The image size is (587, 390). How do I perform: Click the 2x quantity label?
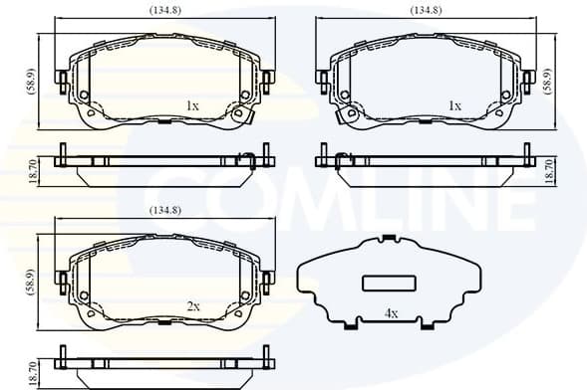[x=192, y=306]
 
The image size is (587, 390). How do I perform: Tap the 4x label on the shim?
[x=392, y=314]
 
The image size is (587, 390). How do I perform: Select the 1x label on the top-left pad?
[x=192, y=104]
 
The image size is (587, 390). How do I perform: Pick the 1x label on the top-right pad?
[x=454, y=104]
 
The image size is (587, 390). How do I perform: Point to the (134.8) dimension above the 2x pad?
[x=164, y=210]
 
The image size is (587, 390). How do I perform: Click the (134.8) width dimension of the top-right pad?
[x=427, y=10]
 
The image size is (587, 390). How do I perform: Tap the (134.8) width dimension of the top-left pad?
[x=164, y=10]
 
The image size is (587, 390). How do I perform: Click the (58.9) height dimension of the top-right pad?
[x=549, y=77]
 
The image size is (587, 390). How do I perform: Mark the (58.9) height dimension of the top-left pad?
[x=31, y=77]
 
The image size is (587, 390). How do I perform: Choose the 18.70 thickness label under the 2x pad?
[x=31, y=373]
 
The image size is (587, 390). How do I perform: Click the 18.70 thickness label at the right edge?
[x=549, y=169]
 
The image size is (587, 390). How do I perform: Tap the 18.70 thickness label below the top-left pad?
[x=31, y=169]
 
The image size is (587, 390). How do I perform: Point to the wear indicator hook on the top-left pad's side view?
[x=244, y=155]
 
